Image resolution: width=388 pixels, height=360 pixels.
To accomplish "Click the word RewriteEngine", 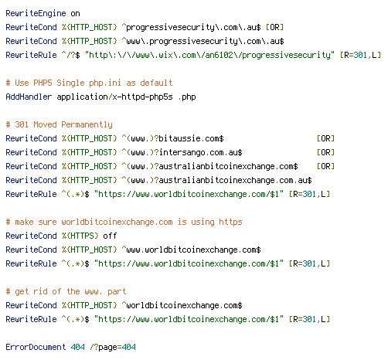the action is pyautogui.click(x=36, y=13).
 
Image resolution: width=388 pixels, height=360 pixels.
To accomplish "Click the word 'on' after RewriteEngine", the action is pyautogui.click(x=75, y=14).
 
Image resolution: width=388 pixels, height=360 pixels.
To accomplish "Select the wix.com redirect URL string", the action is pyautogui.click(x=209, y=55).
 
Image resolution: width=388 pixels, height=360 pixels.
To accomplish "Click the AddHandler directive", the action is pyautogui.click(x=29, y=97).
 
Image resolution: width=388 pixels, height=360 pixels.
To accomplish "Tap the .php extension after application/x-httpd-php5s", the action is pyautogui.click(x=187, y=97).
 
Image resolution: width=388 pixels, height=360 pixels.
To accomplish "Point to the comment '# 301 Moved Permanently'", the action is pyautogui.click(x=60, y=124).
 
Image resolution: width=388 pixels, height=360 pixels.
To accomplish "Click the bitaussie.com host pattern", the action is pyautogui.click(x=172, y=138).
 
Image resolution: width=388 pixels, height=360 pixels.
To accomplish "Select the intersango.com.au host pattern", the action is pyautogui.click(x=182, y=152).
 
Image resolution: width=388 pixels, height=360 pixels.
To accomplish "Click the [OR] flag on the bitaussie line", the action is pyautogui.click(x=325, y=138).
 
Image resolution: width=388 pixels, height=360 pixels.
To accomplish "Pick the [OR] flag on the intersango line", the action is pyautogui.click(x=325, y=152).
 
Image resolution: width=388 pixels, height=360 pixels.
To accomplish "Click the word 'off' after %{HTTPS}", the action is pyautogui.click(x=110, y=236).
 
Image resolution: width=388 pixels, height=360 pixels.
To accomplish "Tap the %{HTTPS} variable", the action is pyautogui.click(x=80, y=236).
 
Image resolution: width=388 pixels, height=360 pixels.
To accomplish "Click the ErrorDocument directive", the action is pyautogui.click(x=36, y=347).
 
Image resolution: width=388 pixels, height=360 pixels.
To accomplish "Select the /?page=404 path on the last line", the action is pyautogui.click(x=113, y=347).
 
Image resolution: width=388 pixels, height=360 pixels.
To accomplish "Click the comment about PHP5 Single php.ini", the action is pyautogui.click(x=89, y=83).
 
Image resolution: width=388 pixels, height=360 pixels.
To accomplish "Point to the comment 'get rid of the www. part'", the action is pyautogui.click(x=66, y=291).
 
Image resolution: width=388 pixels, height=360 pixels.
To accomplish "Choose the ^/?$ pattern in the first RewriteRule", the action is pyautogui.click(x=71, y=55).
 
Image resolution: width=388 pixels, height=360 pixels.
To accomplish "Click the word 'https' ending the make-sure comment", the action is pyautogui.click(x=230, y=222).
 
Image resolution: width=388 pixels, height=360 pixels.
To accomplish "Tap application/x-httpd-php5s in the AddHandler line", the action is pyautogui.click(x=114, y=97).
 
